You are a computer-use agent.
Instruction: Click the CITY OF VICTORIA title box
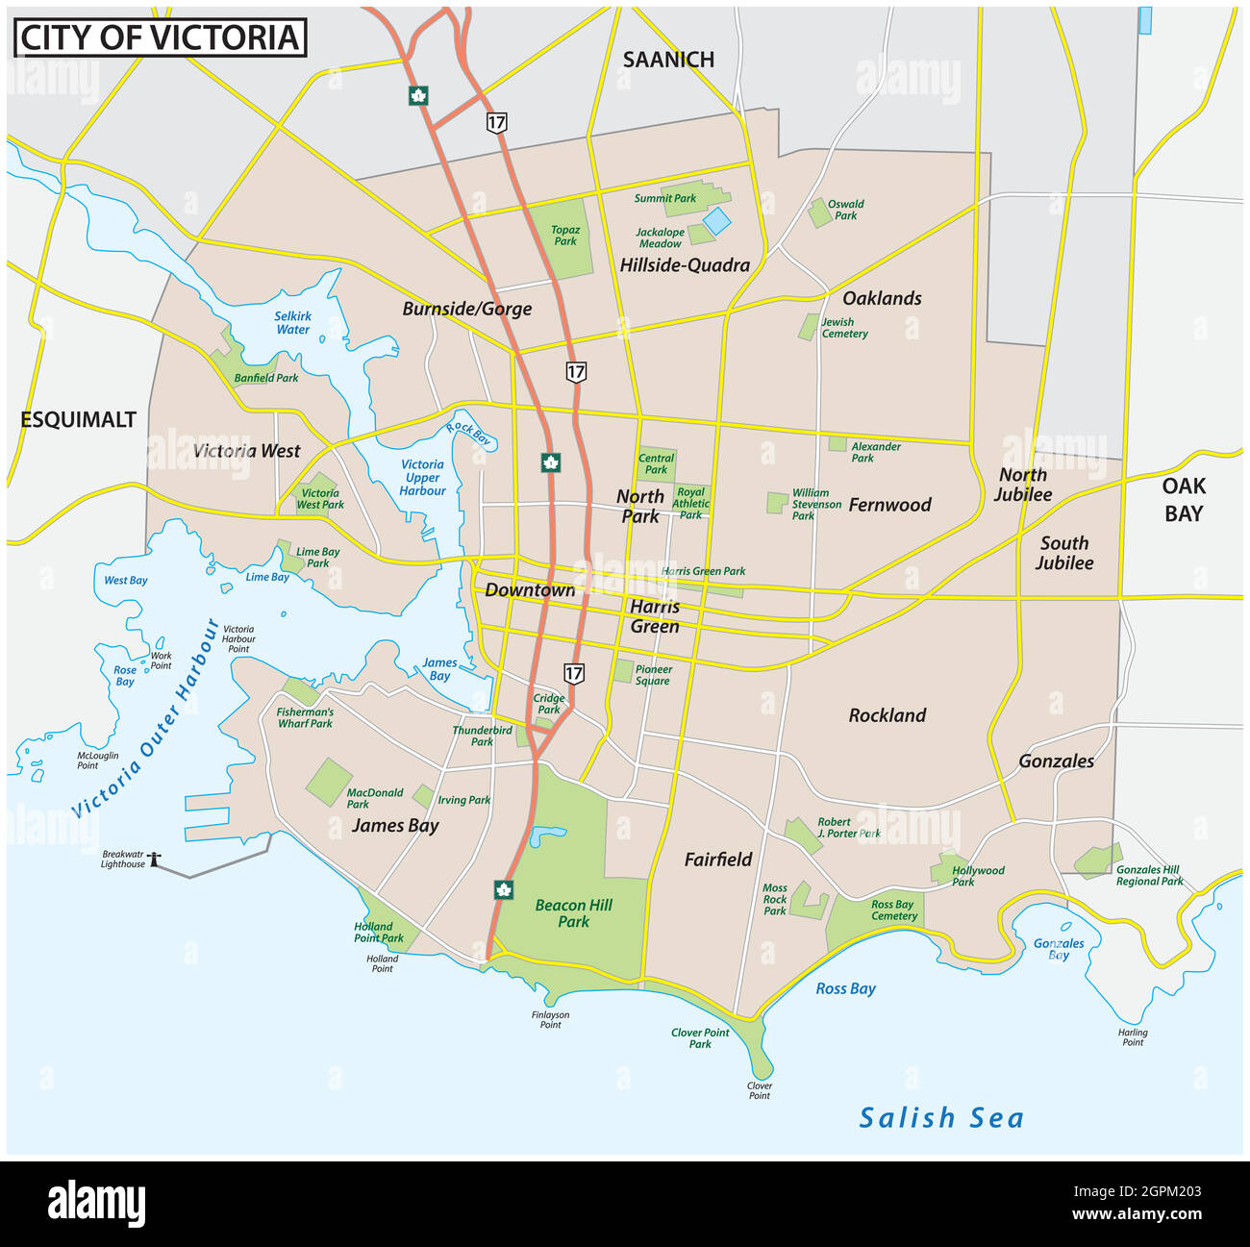(159, 37)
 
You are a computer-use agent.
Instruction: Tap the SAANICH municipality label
(668, 60)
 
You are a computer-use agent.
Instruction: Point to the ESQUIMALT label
(78, 419)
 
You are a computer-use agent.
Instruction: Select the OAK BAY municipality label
(1183, 499)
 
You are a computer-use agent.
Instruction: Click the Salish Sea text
(941, 1118)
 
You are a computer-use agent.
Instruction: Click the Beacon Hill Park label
(573, 912)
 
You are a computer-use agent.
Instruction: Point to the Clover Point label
(759, 1090)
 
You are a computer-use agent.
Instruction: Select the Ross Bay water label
(845, 988)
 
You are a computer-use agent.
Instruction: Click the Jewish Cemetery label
(843, 328)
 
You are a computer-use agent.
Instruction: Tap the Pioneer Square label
(653, 675)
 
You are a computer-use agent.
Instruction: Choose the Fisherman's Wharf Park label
(305, 717)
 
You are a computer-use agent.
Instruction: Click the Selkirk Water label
(292, 322)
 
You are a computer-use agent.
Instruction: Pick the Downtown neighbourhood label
(529, 589)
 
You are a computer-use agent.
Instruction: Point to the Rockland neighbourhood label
(887, 715)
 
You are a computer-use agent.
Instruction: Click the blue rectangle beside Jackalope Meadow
(716, 221)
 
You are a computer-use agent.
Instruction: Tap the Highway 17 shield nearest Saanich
(496, 122)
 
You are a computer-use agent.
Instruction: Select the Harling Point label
(1133, 1037)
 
